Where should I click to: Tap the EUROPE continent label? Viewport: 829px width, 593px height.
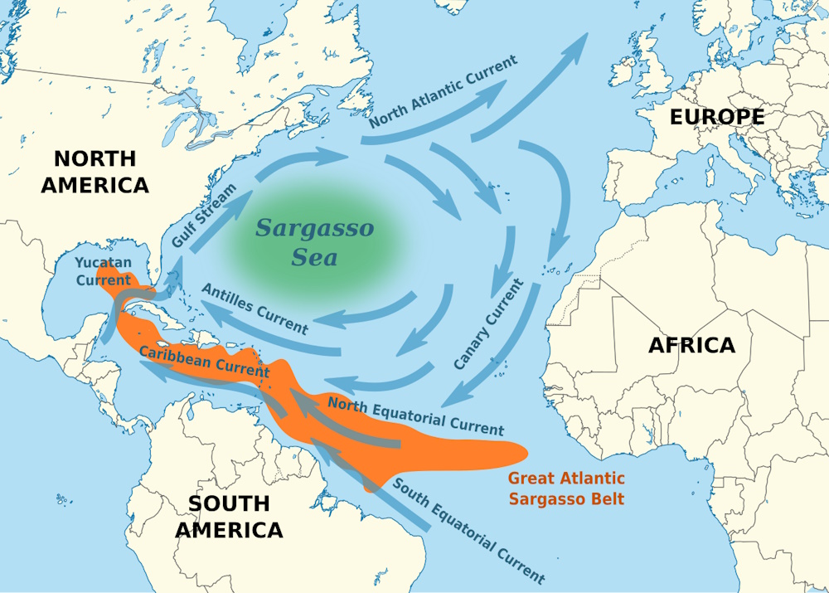coord(717,118)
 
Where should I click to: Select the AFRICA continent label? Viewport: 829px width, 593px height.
coord(691,345)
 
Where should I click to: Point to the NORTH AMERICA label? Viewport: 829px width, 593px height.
coord(95,172)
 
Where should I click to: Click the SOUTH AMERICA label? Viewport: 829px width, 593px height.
coord(229,516)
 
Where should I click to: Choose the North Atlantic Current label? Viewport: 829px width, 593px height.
coord(444,92)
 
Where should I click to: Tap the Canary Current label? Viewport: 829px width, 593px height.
coord(488,325)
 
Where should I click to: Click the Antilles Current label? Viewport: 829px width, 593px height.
coord(255,308)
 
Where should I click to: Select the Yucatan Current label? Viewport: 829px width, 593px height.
coord(103,271)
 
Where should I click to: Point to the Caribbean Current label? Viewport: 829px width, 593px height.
coord(204,361)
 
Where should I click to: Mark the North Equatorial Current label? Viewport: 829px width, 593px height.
coord(415,416)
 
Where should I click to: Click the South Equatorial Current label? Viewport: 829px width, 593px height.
coord(468,531)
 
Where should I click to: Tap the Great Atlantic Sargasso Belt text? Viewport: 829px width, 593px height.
coord(566,488)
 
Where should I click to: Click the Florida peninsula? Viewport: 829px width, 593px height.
coord(169,274)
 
